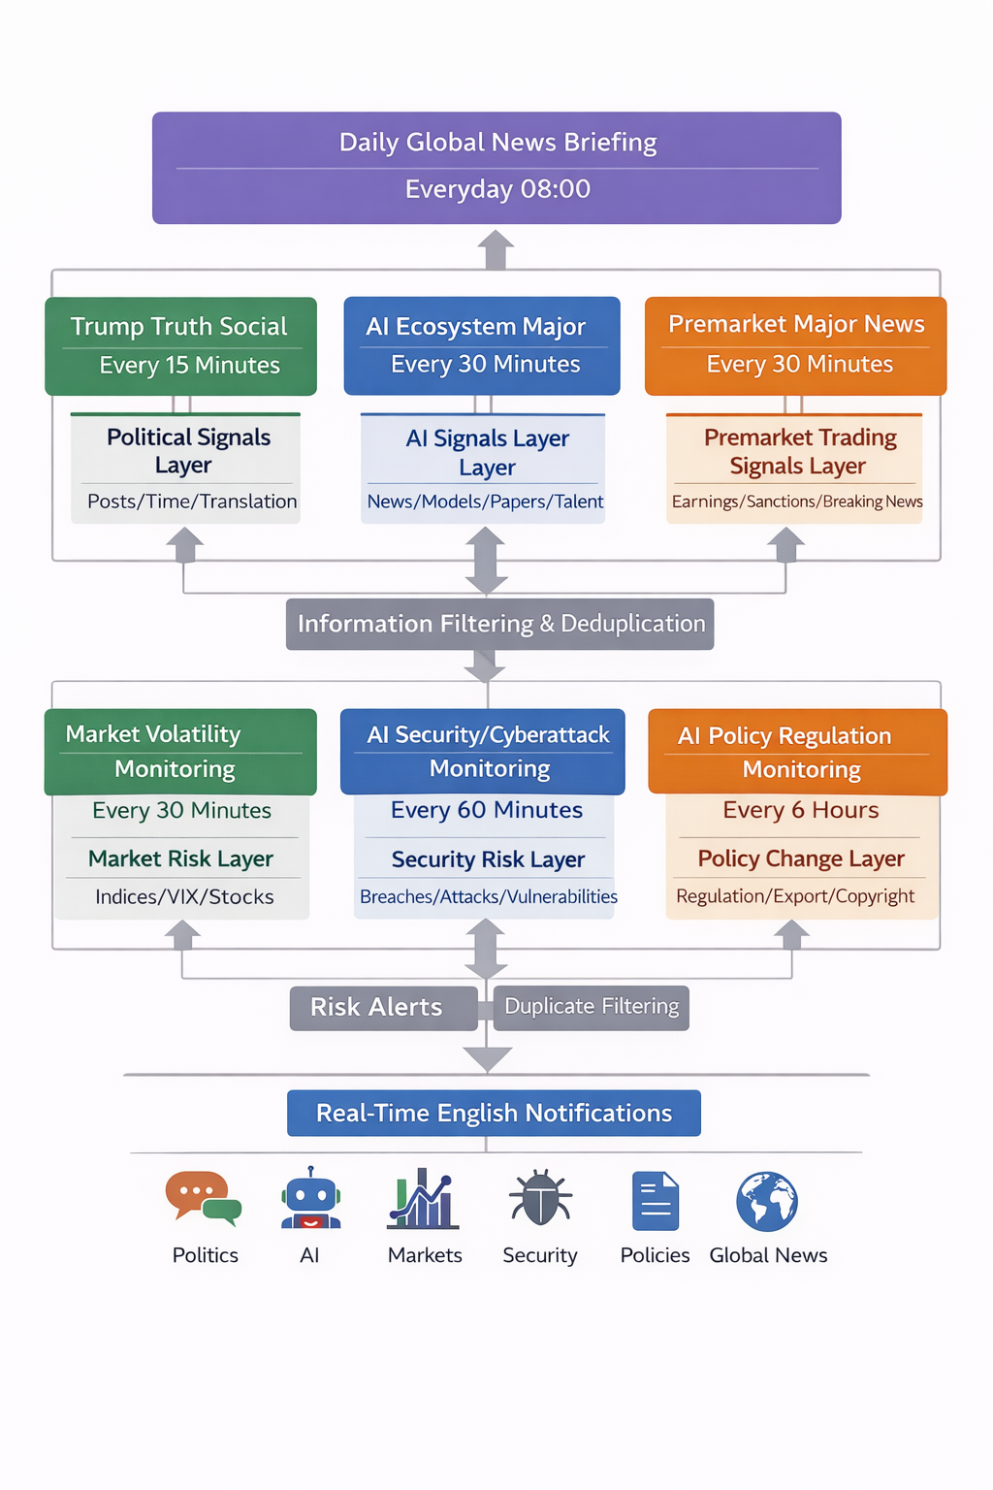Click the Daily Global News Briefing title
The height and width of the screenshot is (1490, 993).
[x=497, y=143]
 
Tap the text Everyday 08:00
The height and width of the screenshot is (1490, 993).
[x=497, y=189]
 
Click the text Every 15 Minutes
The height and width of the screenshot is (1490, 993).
[x=189, y=366]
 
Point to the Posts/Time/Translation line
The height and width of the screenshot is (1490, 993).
[x=192, y=502]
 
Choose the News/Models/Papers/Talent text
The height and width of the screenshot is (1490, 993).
[x=485, y=502]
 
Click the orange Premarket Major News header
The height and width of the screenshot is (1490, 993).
[x=796, y=324]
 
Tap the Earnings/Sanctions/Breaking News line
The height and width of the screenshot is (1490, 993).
[x=797, y=502]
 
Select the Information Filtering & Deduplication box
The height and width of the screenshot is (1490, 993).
[x=500, y=624]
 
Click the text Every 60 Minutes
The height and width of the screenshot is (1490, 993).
[x=487, y=810]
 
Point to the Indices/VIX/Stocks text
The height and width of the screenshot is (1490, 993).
[x=184, y=897]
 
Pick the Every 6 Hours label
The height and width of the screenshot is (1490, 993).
[x=801, y=810]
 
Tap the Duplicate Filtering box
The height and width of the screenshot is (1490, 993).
[x=592, y=1007]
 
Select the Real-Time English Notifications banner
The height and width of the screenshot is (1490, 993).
[x=494, y=1113]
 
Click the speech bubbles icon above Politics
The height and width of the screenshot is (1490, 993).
[x=203, y=1198]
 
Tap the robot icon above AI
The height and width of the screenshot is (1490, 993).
[x=310, y=1200]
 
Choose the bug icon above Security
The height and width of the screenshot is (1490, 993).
[x=540, y=1198]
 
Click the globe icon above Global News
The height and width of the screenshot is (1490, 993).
[x=767, y=1201]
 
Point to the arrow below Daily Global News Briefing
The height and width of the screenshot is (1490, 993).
[x=496, y=249]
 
